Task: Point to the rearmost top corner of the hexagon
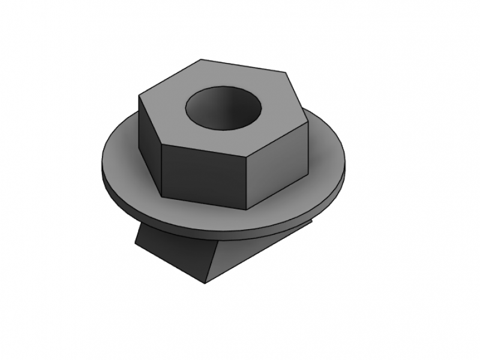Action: tap(200, 59)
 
